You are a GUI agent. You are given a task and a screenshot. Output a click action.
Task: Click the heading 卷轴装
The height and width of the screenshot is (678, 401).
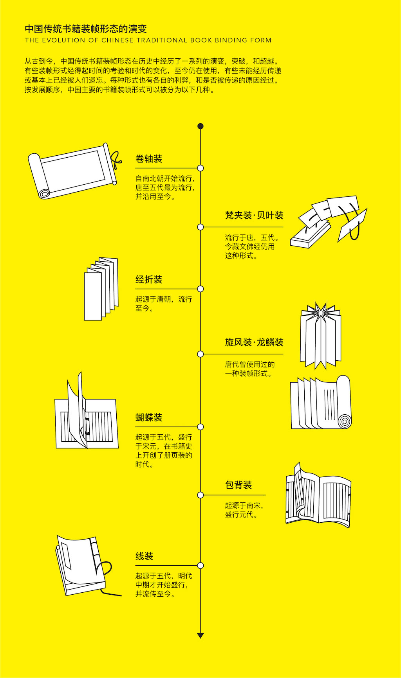(149, 159)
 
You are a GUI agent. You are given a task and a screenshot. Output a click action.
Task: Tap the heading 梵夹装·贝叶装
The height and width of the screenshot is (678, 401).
(254, 216)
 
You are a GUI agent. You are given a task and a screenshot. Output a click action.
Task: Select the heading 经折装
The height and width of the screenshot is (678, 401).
(149, 280)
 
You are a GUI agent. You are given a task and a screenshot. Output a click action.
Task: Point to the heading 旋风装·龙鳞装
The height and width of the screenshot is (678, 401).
(254, 343)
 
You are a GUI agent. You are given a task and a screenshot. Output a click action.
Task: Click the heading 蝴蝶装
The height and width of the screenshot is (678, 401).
(149, 418)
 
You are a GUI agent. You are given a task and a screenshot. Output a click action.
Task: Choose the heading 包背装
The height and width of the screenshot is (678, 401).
(238, 485)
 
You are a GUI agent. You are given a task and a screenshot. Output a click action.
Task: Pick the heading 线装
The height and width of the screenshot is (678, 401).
(144, 556)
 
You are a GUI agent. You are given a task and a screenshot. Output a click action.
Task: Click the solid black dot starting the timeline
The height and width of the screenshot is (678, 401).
(200, 126)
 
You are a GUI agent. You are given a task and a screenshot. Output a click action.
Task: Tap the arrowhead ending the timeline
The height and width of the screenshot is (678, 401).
(200, 636)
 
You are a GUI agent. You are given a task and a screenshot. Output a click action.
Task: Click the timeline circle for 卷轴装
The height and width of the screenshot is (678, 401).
(200, 168)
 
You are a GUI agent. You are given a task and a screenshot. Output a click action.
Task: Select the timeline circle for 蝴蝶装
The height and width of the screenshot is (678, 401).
(200, 427)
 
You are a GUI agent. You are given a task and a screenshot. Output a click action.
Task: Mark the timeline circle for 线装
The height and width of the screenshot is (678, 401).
(200, 565)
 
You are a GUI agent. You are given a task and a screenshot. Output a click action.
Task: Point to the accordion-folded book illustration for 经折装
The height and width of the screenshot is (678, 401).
(101, 289)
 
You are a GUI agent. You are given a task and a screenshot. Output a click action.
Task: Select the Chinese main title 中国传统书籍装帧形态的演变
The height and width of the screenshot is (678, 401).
(86, 29)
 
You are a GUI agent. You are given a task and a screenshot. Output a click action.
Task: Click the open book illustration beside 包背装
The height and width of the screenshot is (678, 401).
(318, 496)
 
